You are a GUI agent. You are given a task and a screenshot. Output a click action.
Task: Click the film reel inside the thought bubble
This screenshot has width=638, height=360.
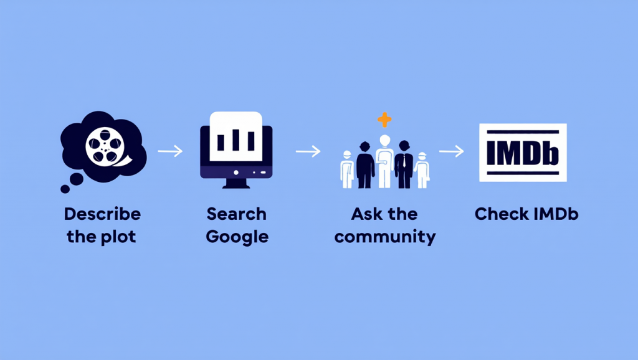pyautogui.click(x=105, y=146)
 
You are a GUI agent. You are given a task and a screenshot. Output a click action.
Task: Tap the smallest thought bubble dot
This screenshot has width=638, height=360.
pyautogui.click(x=65, y=189)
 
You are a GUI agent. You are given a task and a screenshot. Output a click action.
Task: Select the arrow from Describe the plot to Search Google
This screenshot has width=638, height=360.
pyautogui.click(x=170, y=151)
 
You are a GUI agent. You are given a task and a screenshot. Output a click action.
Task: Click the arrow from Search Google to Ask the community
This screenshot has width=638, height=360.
pyautogui.click(x=308, y=152)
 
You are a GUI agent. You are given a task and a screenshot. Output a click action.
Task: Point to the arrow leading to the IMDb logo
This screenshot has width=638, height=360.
pyautogui.click(x=451, y=151)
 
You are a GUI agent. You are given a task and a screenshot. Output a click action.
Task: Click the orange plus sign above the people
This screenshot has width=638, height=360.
pyautogui.click(x=384, y=120)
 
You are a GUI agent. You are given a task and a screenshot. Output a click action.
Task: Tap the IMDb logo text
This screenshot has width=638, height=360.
pyautogui.click(x=523, y=153)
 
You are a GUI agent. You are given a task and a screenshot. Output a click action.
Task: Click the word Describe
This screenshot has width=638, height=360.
pyautogui.click(x=103, y=214)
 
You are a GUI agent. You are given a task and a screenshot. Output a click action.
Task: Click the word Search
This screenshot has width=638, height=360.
pyautogui.click(x=236, y=214)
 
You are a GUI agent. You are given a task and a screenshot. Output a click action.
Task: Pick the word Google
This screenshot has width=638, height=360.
pyautogui.click(x=237, y=237)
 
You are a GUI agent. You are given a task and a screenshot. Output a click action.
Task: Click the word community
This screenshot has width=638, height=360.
pyautogui.click(x=385, y=237)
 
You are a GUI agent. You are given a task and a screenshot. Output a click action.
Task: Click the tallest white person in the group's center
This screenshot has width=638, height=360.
pyautogui.click(x=384, y=161)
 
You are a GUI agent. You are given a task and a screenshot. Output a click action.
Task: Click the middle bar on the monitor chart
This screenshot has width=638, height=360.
pyautogui.click(x=236, y=140)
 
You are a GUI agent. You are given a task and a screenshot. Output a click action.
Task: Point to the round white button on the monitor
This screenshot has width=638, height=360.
pyautogui.click(x=236, y=173)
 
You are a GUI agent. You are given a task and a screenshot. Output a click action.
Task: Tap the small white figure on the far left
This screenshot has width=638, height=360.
pyautogui.click(x=347, y=169)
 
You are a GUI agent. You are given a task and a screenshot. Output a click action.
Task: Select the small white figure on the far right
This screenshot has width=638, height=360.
pyautogui.click(x=422, y=171)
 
